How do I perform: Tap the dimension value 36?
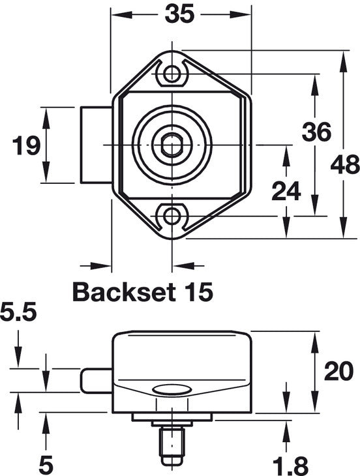click(x=316, y=132)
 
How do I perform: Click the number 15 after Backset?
click(x=197, y=291)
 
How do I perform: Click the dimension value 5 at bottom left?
click(x=46, y=465)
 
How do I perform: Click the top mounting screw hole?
click(x=172, y=73)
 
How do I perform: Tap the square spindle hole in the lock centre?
click(x=172, y=144)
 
